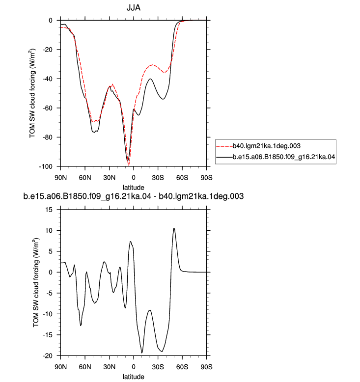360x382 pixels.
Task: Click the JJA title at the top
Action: coord(133,8)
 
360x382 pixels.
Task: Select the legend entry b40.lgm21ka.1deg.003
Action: coord(266,146)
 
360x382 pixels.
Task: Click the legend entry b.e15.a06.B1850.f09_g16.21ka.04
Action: coord(284,157)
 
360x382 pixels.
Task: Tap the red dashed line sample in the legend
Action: coord(224,146)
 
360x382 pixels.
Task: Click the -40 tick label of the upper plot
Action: coord(48,79)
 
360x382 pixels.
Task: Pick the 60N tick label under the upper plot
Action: coord(85,178)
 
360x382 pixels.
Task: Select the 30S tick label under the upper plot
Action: coord(158,178)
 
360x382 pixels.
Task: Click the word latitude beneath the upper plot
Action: coord(133,188)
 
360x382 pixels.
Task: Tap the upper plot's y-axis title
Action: coord(32,93)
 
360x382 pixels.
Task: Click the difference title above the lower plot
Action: coord(133,196)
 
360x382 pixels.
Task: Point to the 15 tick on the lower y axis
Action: coord(49,210)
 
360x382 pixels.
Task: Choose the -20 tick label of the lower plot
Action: coord(48,355)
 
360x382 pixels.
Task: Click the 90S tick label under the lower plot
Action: coord(206,367)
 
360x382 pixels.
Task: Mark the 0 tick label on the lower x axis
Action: coord(134,367)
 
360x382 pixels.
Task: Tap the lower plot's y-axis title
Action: coord(36,282)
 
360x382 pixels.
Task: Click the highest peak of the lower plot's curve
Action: coord(174,228)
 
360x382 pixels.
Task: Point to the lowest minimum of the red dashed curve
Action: coord(129,165)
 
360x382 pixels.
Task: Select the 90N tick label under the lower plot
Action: coord(60,367)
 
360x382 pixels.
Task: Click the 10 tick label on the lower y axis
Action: coord(49,230)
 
